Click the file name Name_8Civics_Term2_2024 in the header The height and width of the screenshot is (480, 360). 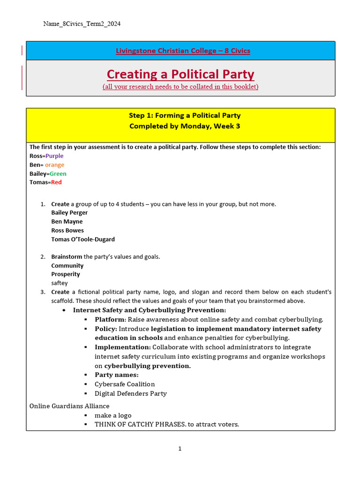click(82, 24)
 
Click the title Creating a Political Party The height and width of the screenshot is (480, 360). click(180, 74)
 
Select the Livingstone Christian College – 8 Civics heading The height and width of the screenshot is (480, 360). click(183, 51)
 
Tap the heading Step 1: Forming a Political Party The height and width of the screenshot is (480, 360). click(185, 115)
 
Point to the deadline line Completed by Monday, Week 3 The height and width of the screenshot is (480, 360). click(185, 126)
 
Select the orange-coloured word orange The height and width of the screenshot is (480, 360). click(55, 165)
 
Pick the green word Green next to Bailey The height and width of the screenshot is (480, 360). click(58, 174)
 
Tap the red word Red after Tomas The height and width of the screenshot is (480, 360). click(56, 182)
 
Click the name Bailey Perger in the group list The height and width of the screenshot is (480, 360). click(69, 213)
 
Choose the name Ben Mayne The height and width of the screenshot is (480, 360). click(67, 222)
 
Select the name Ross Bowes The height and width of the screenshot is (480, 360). click(67, 231)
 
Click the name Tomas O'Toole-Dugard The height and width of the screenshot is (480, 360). click(83, 240)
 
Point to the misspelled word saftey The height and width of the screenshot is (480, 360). click(60, 283)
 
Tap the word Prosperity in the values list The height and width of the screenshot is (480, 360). click(66, 274)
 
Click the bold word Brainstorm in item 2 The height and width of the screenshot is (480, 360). click(67, 257)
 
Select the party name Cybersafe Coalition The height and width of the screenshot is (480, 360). click(125, 384)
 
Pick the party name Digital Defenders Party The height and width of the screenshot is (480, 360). click(131, 394)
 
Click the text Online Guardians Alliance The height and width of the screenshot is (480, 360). click(69, 406)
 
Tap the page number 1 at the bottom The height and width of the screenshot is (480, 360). click(180, 449)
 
